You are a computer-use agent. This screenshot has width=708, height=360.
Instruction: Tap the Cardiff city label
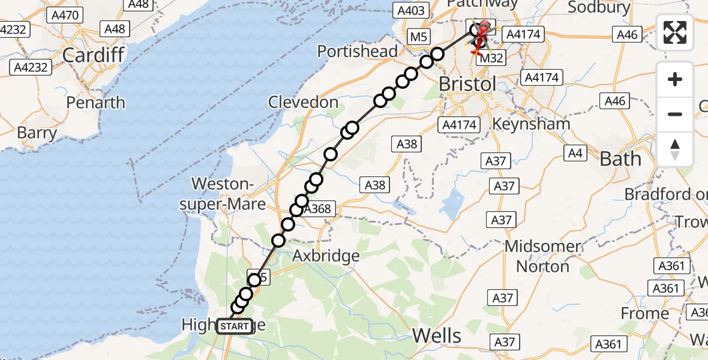pos(93,56)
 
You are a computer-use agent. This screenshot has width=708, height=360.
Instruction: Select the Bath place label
pos(620,159)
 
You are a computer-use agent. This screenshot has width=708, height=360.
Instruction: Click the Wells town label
pos(437,335)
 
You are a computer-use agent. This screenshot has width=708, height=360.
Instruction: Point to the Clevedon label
pos(304,103)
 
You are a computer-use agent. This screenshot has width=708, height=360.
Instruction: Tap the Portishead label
pos(358,51)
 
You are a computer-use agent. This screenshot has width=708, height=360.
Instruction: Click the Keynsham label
pos(531,124)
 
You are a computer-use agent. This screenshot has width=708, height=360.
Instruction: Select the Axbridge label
pos(326,256)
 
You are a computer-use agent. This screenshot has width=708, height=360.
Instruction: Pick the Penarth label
pos(96,103)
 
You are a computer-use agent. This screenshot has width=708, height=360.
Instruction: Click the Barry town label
pos(37,133)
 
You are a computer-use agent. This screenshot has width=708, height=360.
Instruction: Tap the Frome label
pos(645,313)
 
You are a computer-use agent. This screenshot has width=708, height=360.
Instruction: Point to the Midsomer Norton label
pos(542,256)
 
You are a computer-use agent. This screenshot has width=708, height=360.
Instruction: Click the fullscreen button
pos(675,32)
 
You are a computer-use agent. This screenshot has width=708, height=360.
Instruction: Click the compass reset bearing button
pos(675,148)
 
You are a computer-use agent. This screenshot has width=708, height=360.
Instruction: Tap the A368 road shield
pos(317,209)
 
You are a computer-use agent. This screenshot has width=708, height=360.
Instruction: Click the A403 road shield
pos(411,10)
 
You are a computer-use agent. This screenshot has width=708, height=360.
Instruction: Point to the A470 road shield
pos(65,15)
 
